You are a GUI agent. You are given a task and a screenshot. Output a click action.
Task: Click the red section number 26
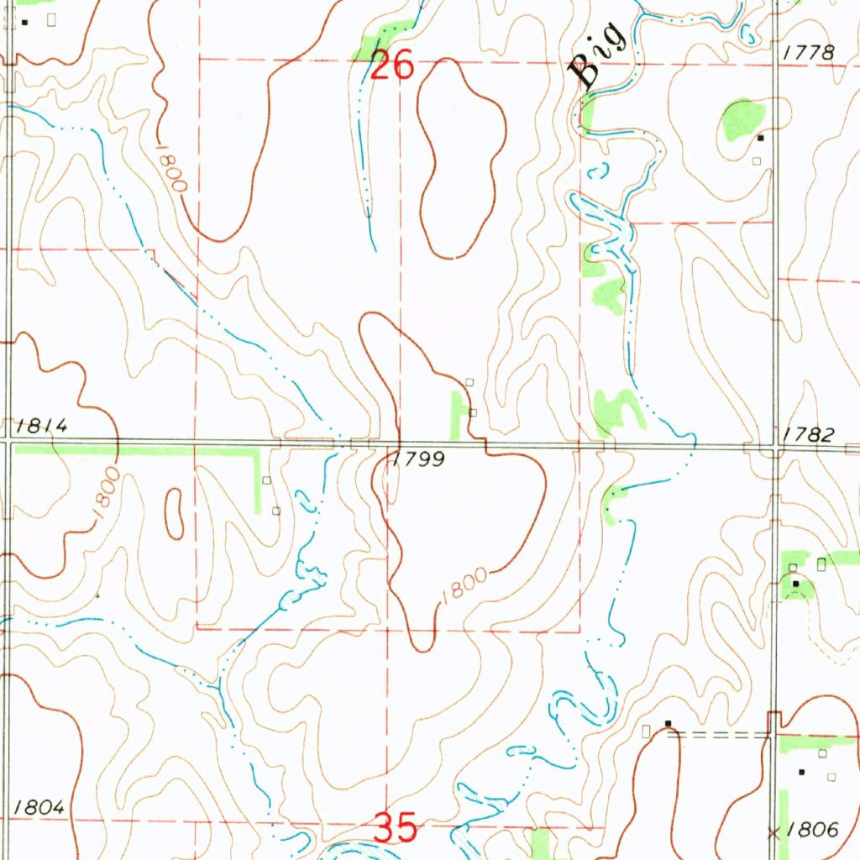(x=392, y=65)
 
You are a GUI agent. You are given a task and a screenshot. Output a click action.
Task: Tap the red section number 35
(x=395, y=828)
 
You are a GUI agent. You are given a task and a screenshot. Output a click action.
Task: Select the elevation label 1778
(x=808, y=53)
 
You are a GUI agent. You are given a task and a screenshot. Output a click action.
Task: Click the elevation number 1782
(x=808, y=434)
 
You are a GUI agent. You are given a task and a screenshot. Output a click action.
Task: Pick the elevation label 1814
(x=41, y=426)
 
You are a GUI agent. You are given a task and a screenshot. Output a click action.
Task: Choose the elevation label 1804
(x=39, y=807)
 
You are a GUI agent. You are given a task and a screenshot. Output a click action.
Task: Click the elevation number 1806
(x=813, y=830)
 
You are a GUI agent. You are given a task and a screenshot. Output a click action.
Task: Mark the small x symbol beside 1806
(x=773, y=831)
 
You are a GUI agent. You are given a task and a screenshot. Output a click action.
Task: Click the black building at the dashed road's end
(x=669, y=723)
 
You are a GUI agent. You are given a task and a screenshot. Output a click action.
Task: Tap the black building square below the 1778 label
(x=761, y=137)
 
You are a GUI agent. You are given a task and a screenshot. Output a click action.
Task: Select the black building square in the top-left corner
(x=24, y=22)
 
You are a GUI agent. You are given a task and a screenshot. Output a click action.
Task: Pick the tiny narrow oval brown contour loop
(x=175, y=513)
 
